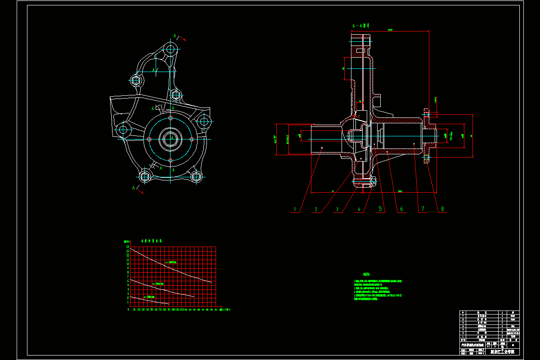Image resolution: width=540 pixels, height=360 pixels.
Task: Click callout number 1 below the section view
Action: pos(295,209)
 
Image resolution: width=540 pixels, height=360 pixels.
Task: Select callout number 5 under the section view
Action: pos(380,209)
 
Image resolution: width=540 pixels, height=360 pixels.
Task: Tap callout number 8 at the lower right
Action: pos(442,209)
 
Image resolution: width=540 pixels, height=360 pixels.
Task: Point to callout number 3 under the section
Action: pos(337,209)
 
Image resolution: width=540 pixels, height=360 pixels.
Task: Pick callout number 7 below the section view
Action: pos(422,209)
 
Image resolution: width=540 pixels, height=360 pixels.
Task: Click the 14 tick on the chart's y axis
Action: pos(127,247)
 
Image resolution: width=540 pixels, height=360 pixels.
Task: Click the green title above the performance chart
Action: pos(151,241)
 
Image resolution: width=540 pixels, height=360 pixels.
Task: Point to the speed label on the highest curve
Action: pos(171,262)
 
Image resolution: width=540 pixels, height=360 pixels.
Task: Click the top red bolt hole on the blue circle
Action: pos(171,118)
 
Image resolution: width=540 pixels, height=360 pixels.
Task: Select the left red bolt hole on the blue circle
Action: pos(149,139)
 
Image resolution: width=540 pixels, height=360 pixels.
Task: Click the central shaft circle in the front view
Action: pos(171,139)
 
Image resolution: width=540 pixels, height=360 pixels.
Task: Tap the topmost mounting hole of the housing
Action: pos(170,49)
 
